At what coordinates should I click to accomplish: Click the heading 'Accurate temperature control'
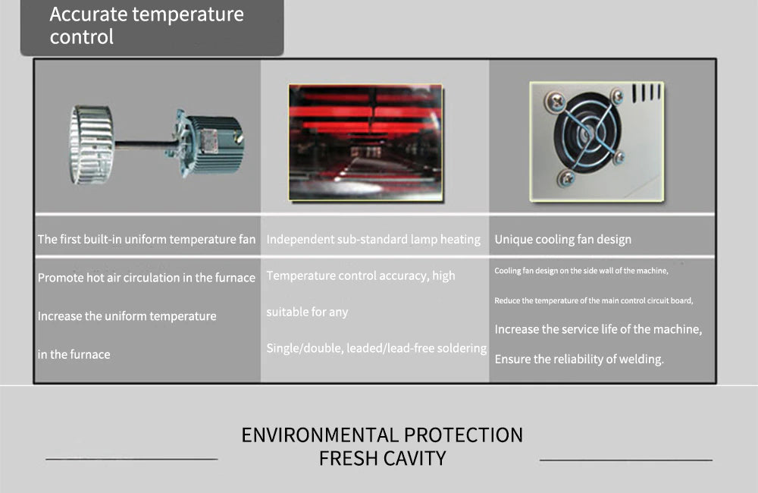pos(146,25)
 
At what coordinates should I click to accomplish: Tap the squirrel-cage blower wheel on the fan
pos(92,145)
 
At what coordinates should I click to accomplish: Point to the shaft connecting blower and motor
pos(143,143)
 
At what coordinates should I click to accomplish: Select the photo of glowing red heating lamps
pos(365,143)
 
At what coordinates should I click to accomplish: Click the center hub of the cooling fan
pos(587,132)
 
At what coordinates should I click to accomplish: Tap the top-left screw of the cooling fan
pos(556,102)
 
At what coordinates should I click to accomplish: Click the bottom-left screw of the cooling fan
pos(566,178)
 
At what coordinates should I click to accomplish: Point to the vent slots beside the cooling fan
pos(646,93)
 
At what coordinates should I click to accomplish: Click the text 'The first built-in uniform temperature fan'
pos(146,239)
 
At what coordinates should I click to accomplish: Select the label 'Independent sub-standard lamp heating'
pos(373,239)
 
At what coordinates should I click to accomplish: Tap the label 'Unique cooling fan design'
pos(562,240)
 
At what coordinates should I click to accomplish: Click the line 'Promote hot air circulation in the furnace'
pos(146,278)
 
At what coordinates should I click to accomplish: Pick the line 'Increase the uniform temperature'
pos(127,316)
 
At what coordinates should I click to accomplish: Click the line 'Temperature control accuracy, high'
pos(361,276)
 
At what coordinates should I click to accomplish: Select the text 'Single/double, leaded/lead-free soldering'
pos(377,348)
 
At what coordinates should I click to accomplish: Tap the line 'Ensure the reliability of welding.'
pos(579,359)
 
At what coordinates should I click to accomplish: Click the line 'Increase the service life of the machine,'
pos(598,329)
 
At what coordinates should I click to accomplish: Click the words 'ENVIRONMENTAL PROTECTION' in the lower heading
pos(382,435)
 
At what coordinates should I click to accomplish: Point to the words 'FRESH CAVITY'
pos(382,458)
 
